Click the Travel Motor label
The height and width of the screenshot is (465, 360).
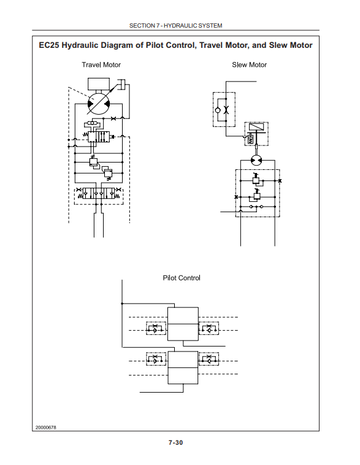point(101,64)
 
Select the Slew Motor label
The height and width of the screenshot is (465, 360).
point(249,64)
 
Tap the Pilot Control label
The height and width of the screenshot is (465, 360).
point(182,278)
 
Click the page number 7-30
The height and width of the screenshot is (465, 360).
point(176,442)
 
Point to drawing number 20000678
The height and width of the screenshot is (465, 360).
point(45,428)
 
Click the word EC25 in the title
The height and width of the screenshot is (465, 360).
point(49,45)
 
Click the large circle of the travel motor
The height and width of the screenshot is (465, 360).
point(99,104)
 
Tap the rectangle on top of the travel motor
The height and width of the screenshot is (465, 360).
point(99,84)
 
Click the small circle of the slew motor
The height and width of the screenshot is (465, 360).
point(256,160)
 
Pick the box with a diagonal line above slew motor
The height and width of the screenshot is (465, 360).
point(256,128)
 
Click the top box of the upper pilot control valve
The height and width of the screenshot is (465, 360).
point(183,315)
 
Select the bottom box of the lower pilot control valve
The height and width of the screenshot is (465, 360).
point(183,376)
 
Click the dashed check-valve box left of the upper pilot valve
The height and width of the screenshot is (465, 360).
point(156,328)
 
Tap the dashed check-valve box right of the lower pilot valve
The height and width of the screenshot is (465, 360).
point(209,359)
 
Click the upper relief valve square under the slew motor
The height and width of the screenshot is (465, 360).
point(256,180)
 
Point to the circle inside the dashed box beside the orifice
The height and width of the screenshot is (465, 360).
point(218,110)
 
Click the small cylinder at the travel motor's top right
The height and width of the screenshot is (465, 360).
point(121,84)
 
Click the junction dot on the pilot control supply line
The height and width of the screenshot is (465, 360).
point(122,304)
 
